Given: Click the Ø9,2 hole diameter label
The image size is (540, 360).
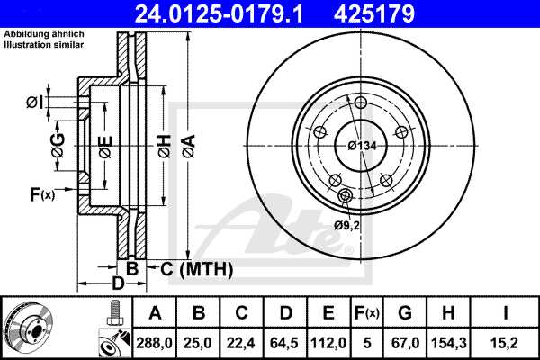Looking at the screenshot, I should [346, 225].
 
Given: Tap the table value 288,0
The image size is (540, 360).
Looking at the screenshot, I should [155, 341].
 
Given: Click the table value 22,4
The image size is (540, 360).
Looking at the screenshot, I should [241, 341].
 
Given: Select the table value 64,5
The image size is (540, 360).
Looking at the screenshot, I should [284, 341].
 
